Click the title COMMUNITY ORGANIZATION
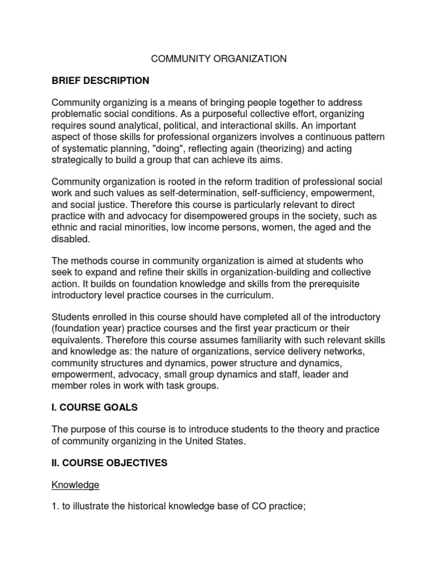tap(218, 59)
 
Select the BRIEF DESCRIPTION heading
tap(100, 81)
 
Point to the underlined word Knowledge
tap(75, 485)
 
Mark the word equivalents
tap(77, 340)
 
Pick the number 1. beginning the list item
tap(55, 507)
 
